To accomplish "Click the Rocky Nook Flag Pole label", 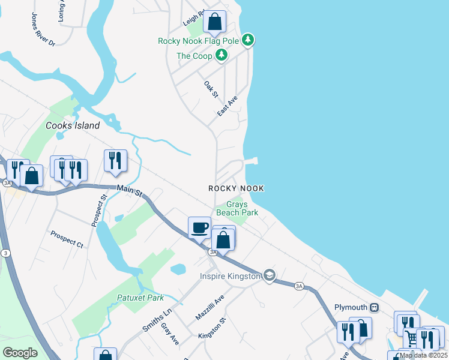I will click(199, 41).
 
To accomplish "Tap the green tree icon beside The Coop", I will click(222, 56).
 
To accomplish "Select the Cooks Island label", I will click(73, 126).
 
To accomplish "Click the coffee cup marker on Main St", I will click(200, 227).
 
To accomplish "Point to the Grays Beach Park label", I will click(237, 208).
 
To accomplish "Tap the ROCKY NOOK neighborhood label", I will click(236, 188).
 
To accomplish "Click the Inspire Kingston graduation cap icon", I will click(270, 275).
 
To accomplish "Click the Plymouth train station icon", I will click(374, 307).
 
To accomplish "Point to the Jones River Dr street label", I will click(43, 29).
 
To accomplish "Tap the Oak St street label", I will click(211, 91).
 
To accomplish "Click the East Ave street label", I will click(228, 106).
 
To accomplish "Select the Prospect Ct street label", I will click(67, 239).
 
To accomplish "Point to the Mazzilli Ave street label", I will click(209, 307).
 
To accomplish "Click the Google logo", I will click(20, 353).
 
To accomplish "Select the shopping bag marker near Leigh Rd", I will click(215, 22).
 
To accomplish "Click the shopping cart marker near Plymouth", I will click(411, 337).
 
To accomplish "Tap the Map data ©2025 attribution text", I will click(423, 355).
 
